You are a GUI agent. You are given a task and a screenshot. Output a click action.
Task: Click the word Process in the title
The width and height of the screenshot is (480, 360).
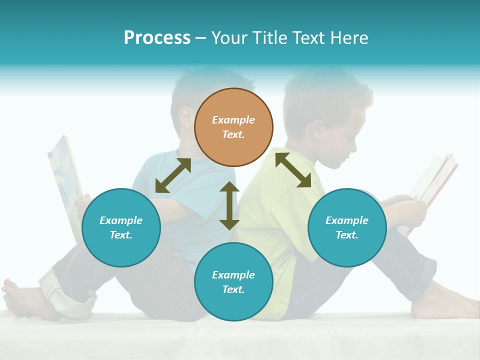pyautogui.click(x=157, y=38)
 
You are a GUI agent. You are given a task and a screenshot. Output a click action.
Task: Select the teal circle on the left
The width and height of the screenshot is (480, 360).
pyautogui.click(x=121, y=227)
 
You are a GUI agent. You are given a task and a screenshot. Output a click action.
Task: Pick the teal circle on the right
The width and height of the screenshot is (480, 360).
pyautogui.click(x=347, y=227)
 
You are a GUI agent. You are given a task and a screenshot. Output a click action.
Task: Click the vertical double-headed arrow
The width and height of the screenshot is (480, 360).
pyautogui.click(x=229, y=205)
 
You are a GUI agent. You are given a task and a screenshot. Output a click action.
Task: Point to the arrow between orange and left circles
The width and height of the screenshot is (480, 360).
pyautogui.click(x=173, y=175)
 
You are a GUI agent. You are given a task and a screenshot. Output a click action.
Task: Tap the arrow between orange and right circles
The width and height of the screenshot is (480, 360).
pyautogui.click(x=293, y=170)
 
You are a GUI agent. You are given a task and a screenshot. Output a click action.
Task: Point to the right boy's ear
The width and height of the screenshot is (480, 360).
pyautogui.click(x=317, y=130)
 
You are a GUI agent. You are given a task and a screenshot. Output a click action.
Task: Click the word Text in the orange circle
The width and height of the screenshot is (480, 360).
pyautogui.click(x=233, y=134)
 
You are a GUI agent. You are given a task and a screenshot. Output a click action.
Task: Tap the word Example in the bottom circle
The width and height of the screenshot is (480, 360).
pyautogui.click(x=233, y=275)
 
